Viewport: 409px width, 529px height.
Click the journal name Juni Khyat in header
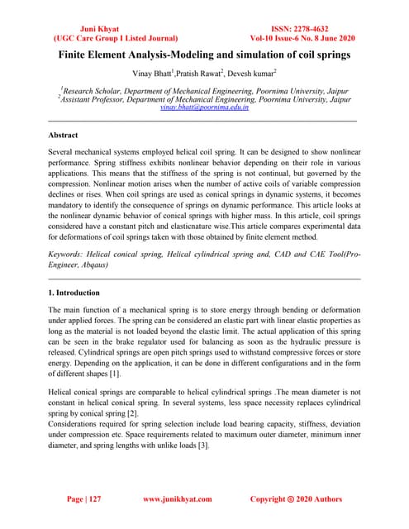click(x=90, y=27)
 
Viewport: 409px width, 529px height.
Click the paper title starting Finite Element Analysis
click(x=204, y=55)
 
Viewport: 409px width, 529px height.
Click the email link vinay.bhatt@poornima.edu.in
click(x=204, y=107)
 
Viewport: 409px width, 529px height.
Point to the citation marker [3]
click(x=244, y=445)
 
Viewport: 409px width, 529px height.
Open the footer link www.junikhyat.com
click(x=178, y=499)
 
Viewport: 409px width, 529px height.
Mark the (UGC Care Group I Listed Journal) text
click(x=91, y=38)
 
